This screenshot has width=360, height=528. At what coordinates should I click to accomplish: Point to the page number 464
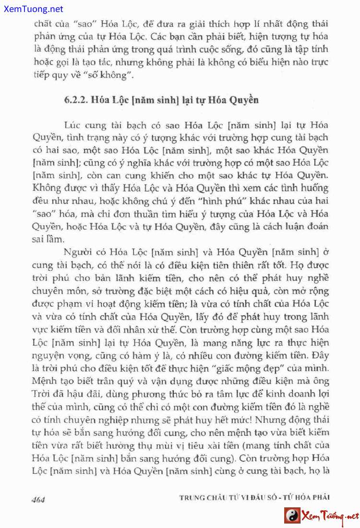click(x=38, y=499)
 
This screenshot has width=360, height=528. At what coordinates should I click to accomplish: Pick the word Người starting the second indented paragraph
click(x=78, y=252)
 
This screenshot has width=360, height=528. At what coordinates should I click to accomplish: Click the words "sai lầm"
click(x=48, y=238)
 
